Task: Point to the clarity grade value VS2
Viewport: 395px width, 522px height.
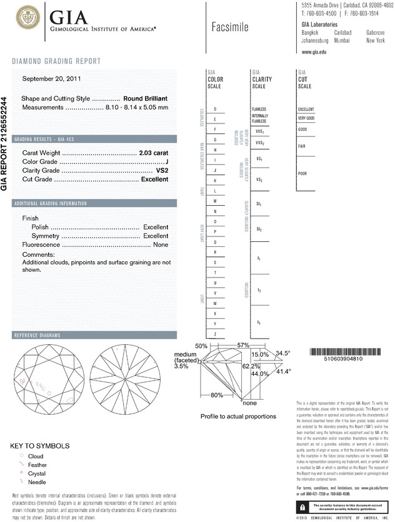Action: pos(161,170)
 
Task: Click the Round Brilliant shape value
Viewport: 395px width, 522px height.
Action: pos(146,99)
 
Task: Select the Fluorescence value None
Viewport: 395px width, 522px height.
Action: pos(160,245)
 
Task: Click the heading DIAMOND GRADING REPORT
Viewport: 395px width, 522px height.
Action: pos(56,61)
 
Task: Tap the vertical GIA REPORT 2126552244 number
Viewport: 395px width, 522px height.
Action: pos(5,143)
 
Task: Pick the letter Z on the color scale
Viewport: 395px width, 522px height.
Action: pos(215,334)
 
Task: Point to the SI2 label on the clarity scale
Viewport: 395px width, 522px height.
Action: pos(259,229)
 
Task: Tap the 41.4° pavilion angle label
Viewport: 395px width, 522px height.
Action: pos(284,372)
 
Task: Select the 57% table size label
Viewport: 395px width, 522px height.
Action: pos(242,345)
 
